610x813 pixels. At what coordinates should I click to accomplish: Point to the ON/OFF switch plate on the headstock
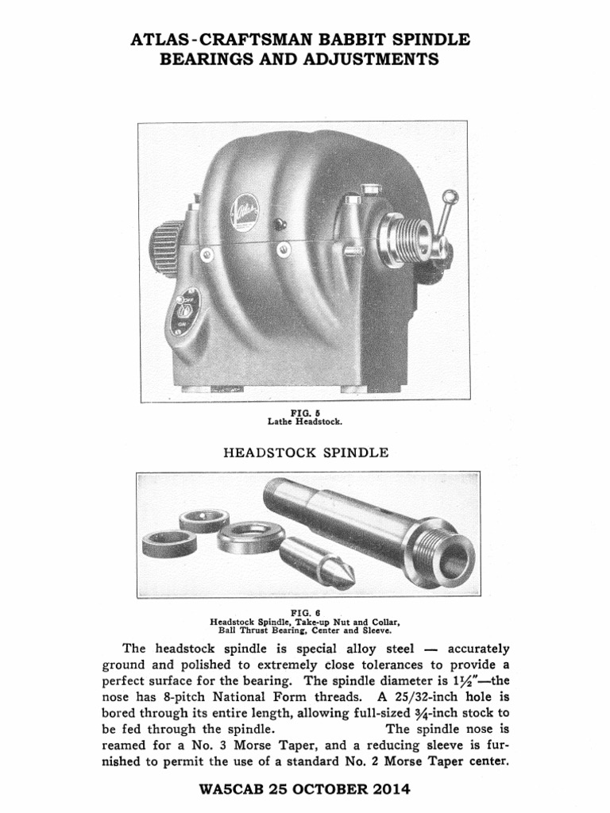click(187, 310)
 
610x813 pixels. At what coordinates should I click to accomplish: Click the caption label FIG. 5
click(304, 414)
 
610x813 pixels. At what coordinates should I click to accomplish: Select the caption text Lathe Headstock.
click(304, 422)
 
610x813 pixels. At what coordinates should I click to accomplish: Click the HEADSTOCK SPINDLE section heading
click(304, 453)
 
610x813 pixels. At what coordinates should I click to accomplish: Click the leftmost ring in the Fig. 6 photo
click(169, 543)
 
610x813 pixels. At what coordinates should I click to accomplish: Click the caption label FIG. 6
click(304, 613)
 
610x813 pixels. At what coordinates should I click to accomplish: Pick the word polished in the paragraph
click(225, 665)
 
